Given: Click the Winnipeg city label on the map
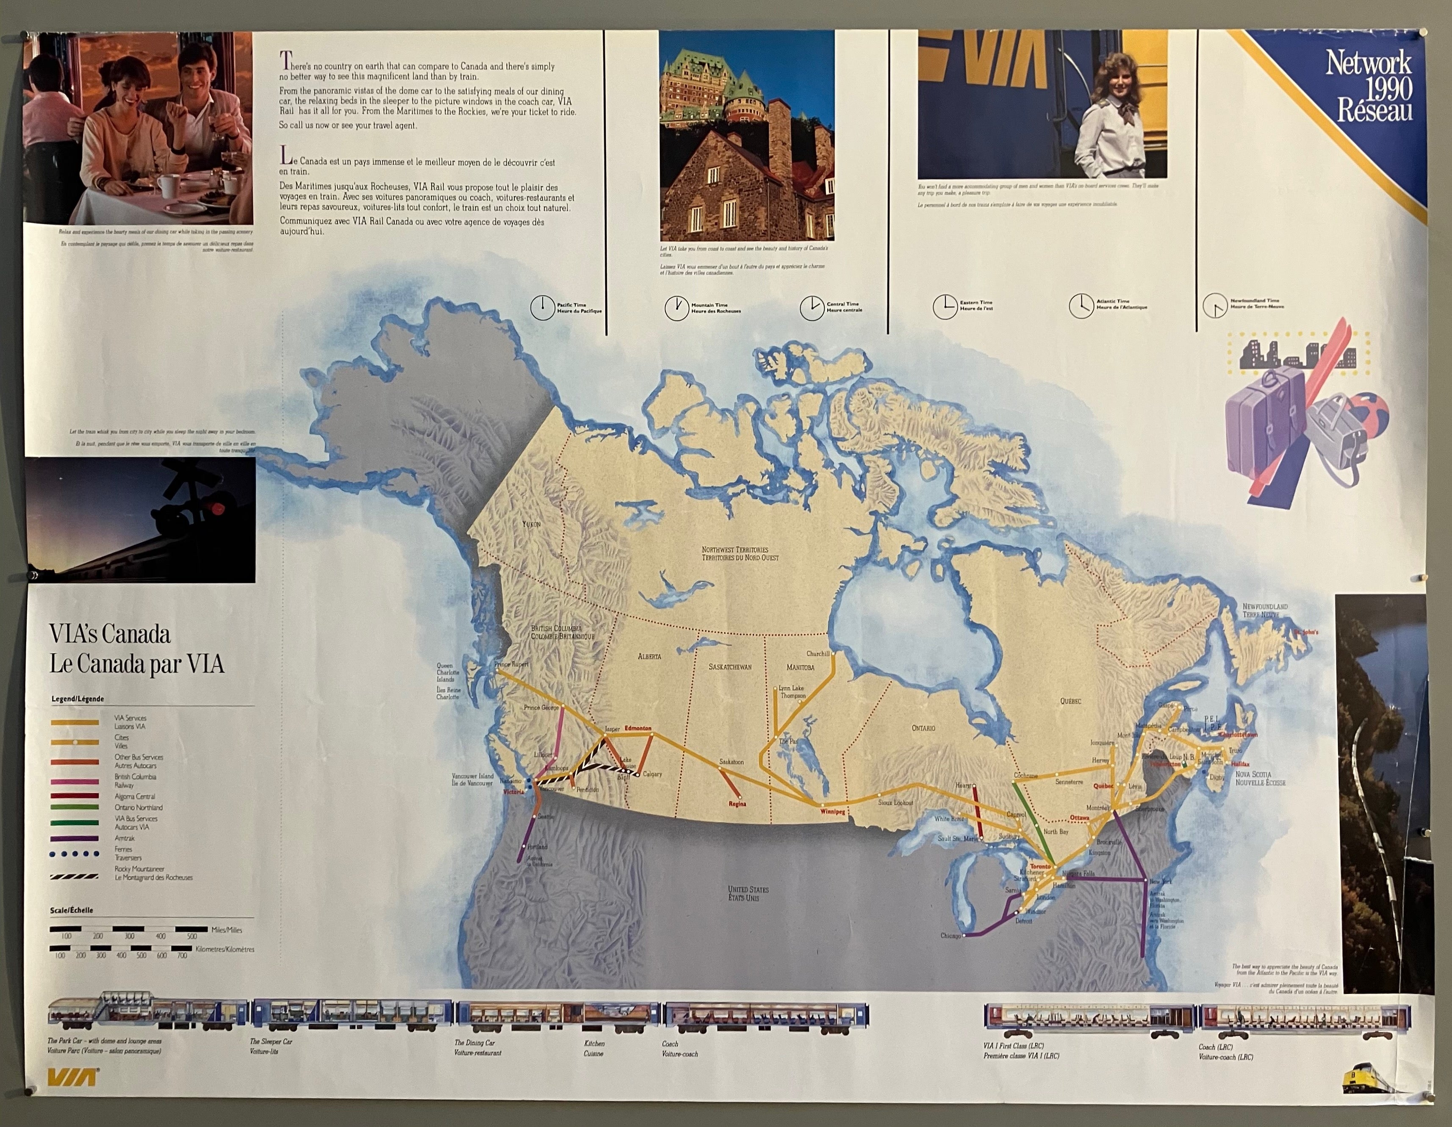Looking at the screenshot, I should pyautogui.click(x=832, y=812).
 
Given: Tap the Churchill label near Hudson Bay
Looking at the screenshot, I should pyautogui.click(x=818, y=654).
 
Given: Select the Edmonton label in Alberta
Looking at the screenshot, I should pyautogui.click(x=637, y=728).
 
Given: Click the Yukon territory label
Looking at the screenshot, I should pyautogui.click(x=531, y=524).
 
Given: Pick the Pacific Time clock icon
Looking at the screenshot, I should pyautogui.click(x=543, y=308).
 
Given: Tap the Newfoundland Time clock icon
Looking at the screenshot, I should pyautogui.click(x=1215, y=306).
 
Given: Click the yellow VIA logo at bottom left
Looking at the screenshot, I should pyautogui.click(x=73, y=1077).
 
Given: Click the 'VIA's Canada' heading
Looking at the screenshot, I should pyautogui.click(x=110, y=634).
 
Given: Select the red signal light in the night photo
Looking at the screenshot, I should pyautogui.click(x=217, y=509).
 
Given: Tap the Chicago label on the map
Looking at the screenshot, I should pyautogui.click(x=950, y=935).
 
